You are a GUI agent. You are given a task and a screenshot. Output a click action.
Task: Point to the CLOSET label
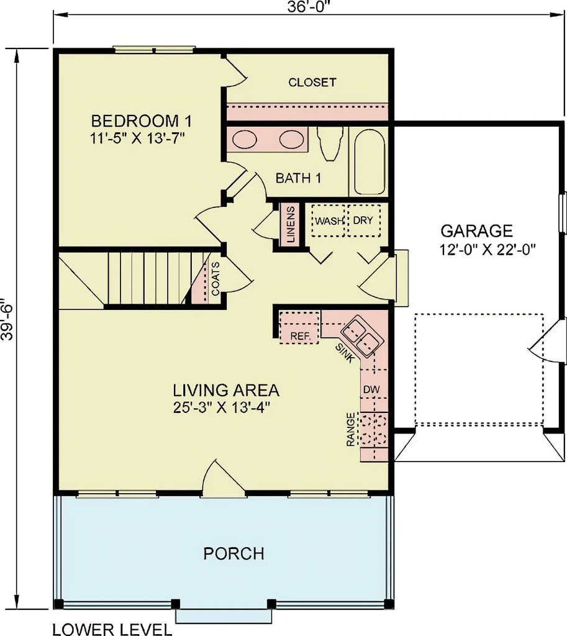[312, 82]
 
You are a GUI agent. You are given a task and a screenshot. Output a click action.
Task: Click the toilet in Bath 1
[329, 141]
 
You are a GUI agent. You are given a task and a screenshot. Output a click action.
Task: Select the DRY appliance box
[363, 220]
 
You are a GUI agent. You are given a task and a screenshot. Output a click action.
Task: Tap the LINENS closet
[290, 224]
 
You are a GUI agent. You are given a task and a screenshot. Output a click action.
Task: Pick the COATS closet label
[215, 278]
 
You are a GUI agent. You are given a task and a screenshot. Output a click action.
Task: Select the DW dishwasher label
[371, 389]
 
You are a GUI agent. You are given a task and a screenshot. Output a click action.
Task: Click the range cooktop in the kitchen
[374, 429]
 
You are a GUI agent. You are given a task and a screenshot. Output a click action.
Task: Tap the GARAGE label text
[476, 231]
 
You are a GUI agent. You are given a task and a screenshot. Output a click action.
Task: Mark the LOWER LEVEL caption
[112, 629]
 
